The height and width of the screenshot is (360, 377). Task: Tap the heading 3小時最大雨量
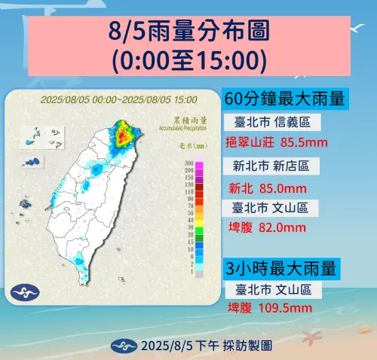click(280, 267)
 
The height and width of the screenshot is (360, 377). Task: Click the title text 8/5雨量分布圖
click(188, 33)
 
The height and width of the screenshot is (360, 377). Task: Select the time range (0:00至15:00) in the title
click(188, 59)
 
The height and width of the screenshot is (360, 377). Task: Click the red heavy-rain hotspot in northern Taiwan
click(121, 136)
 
